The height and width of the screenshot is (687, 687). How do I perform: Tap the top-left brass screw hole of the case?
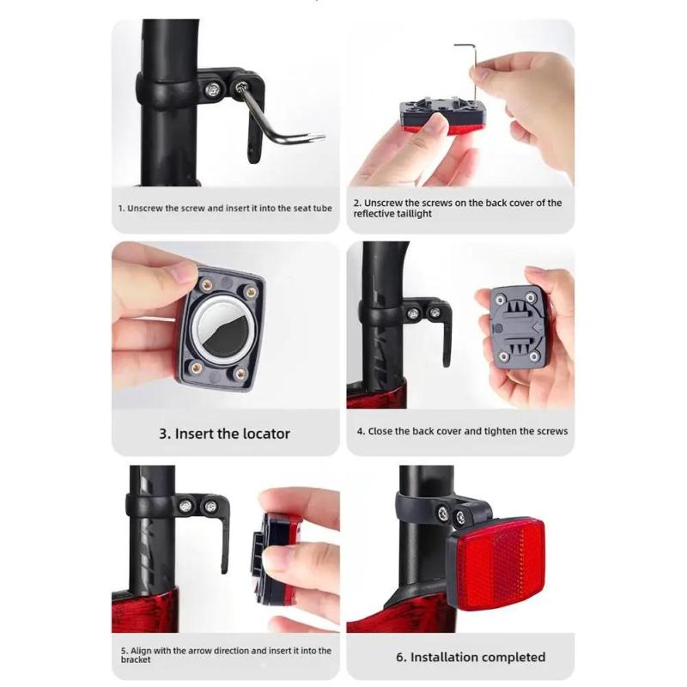click(207, 286)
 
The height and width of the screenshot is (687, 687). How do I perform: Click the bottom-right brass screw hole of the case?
click(240, 374)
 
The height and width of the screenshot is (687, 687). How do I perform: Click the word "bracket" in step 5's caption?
click(136, 660)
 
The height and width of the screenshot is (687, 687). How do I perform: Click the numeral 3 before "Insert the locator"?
click(163, 434)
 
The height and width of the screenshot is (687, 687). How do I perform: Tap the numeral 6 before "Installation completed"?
click(400, 657)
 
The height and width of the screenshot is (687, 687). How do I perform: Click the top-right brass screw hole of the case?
click(251, 292)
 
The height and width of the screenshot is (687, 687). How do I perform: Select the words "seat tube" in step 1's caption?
click(313, 208)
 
